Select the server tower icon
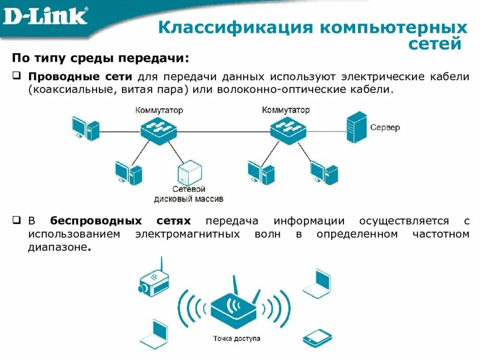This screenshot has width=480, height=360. point(356,127)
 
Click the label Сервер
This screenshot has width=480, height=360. point(385,127)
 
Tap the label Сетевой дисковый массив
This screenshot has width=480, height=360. point(189,194)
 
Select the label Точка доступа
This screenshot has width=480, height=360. point(236,338)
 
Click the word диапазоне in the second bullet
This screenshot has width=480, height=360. point(57,247)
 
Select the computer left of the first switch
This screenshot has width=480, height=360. point(85,127)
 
